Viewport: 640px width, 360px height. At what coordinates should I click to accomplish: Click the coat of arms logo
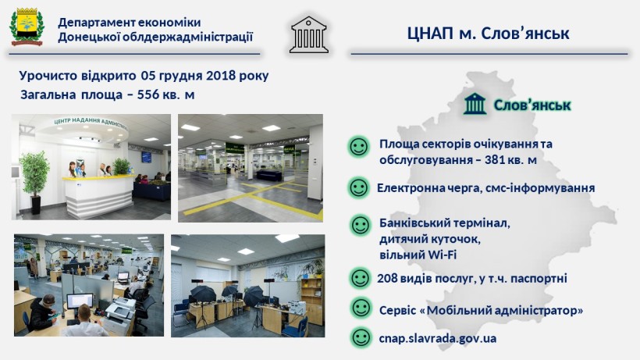(x=27, y=27)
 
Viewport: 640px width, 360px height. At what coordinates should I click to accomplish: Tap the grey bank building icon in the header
(x=309, y=34)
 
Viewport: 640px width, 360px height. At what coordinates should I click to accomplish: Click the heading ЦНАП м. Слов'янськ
(x=488, y=33)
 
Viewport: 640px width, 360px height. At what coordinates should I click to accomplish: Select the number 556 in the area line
(x=148, y=94)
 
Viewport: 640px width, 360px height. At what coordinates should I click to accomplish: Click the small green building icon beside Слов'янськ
(x=475, y=104)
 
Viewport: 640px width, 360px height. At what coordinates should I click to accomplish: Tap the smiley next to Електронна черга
(x=359, y=188)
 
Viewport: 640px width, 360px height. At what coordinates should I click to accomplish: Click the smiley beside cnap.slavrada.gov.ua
(x=361, y=338)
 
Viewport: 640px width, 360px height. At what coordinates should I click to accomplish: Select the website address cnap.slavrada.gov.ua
(x=438, y=338)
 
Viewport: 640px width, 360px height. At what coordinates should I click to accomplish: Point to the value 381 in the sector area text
(x=495, y=159)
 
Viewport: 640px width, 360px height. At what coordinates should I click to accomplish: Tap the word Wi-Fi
(x=443, y=255)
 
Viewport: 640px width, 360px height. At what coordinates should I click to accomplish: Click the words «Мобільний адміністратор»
(x=501, y=310)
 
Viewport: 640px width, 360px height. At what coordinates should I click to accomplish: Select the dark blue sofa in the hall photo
(x=269, y=176)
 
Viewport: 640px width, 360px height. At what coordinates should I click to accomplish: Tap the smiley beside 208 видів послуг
(x=360, y=278)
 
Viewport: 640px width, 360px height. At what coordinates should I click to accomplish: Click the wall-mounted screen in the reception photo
(x=147, y=157)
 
